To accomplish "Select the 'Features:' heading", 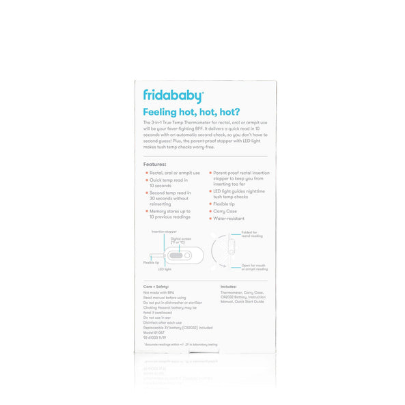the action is pyautogui.click(x=155, y=164).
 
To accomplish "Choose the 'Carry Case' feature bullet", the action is pyautogui.click(x=225, y=212).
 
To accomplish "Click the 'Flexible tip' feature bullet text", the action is pyautogui.click(x=226, y=204).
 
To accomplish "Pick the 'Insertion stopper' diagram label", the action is pyautogui.click(x=164, y=232).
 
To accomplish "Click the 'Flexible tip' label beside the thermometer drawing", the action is pyautogui.click(x=151, y=262).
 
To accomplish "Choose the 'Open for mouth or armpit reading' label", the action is pyautogui.click(x=254, y=267).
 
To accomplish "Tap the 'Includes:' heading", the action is pyautogui.click(x=229, y=286).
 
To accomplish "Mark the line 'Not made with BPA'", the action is pyautogui.click(x=159, y=292).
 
